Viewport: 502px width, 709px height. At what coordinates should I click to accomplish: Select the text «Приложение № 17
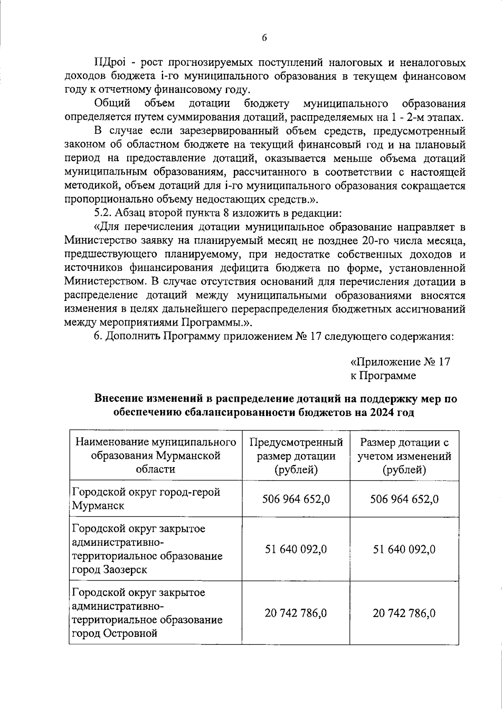pos(400,362)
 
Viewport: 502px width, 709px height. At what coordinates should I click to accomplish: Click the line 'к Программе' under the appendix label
pos(383,375)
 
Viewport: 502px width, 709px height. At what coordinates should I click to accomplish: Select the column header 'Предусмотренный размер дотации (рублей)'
pos(296,456)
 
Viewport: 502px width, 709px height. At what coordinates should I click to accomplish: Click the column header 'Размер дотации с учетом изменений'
pos(404,456)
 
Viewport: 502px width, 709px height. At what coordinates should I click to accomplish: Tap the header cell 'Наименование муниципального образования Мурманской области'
pos(156,456)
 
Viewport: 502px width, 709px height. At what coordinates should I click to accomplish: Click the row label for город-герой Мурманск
pos(146,498)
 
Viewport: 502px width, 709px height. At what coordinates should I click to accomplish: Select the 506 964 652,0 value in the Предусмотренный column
pos(296,499)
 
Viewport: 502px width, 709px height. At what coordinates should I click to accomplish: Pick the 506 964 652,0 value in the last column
pos(404,499)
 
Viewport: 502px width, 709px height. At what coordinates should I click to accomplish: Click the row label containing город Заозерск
pos(147,549)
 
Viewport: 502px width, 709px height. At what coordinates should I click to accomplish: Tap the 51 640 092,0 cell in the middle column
pos(296,549)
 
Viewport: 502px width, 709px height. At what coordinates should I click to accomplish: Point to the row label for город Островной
pos(147,613)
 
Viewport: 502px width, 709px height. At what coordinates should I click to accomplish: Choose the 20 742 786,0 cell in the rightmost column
pos(404,614)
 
